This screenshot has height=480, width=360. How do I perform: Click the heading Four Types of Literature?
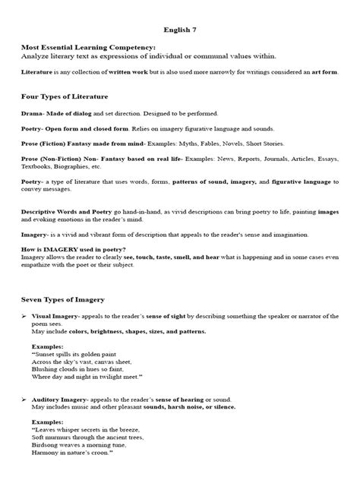click(65, 96)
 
